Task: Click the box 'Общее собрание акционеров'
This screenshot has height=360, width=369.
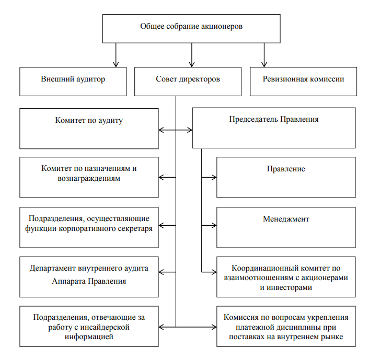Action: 191,28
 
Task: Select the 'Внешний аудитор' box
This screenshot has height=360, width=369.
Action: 73,82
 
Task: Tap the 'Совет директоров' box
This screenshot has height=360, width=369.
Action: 188,82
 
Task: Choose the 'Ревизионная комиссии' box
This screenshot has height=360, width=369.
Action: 303,82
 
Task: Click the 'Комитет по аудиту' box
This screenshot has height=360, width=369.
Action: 89,129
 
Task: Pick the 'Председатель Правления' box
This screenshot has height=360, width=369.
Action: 274,128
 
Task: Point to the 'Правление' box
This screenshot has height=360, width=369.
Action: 286,178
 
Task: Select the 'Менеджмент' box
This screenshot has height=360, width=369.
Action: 286,227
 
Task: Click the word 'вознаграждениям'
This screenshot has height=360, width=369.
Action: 89,178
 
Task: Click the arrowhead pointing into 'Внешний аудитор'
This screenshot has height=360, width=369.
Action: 116,64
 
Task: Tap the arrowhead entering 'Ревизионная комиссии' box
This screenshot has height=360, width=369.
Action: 264,64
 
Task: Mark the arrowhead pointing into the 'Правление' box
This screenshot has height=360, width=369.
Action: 214,177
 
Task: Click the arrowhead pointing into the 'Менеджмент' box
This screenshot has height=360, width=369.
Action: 214,225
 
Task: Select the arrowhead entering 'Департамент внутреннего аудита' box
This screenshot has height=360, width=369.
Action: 162,272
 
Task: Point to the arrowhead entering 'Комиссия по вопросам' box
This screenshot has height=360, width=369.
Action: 214,327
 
